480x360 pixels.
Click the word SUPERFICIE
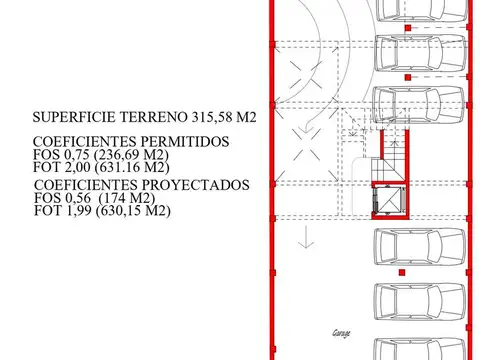[x=71, y=116]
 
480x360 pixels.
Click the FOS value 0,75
[x=81, y=155]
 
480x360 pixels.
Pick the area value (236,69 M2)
[x=135, y=155]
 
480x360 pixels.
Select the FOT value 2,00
[x=81, y=169]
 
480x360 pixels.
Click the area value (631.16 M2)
[x=136, y=169]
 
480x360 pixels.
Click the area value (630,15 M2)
[x=137, y=211]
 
